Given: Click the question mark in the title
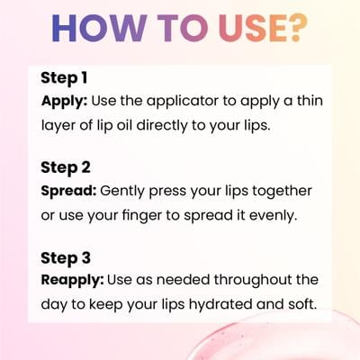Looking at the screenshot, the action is click(x=298, y=27).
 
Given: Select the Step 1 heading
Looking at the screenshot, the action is click(x=64, y=78).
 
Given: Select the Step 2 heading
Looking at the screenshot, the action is click(x=66, y=168).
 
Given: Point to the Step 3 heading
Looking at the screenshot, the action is click(x=66, y=258).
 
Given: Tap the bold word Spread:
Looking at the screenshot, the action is click(x=68, y=192).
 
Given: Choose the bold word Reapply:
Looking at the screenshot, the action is click(x=72, y=281).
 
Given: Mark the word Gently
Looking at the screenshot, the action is click(x=122, y=192).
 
